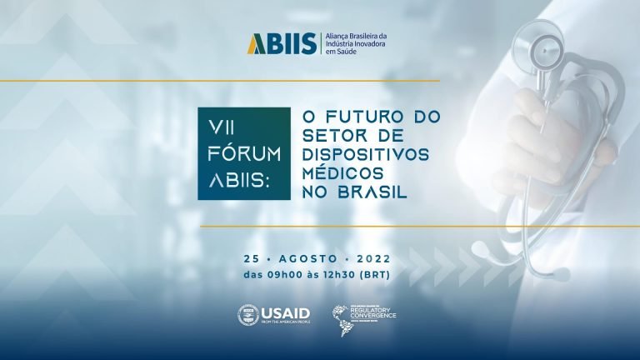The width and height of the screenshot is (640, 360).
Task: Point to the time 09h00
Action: (282, 274)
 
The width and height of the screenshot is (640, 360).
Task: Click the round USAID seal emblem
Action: (248, 313)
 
